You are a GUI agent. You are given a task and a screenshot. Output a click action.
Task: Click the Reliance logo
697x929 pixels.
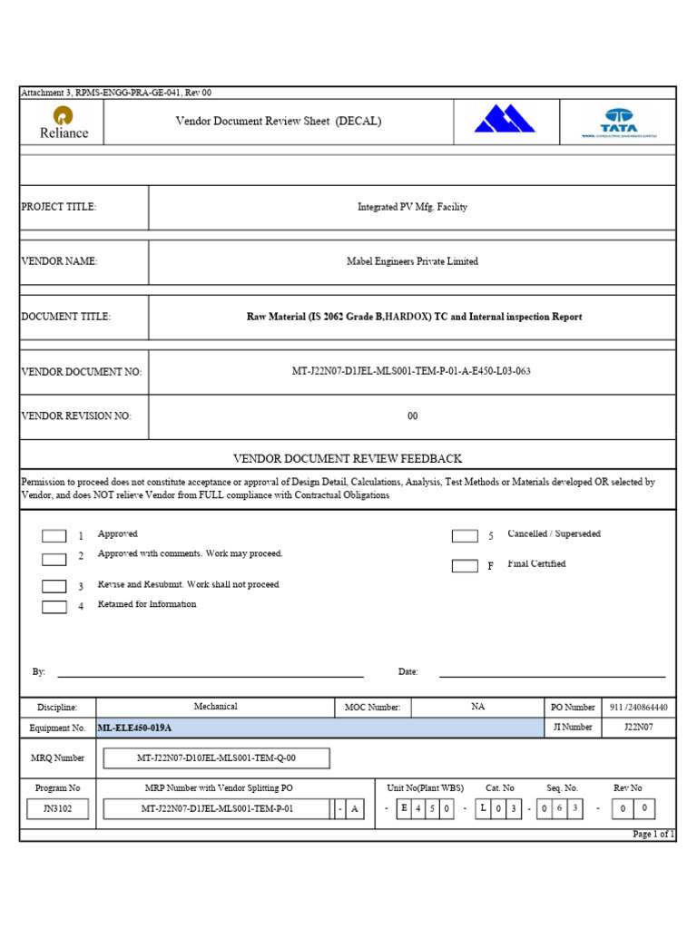[x=64, y=122]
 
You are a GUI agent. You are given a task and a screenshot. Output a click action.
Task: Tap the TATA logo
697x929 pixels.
[x=619, y=122]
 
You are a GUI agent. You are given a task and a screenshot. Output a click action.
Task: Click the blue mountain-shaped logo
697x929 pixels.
[x=505, y=119]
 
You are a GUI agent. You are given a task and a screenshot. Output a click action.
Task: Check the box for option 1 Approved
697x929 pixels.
[x=54, y=536]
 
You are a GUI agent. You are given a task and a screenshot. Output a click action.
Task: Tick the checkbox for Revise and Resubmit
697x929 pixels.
[x=54, y=586]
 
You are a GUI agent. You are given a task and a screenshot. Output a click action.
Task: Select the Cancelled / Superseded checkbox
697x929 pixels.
[x=465, y=536]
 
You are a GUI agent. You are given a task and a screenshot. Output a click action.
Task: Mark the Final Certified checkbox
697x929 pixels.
[x=465, y=566]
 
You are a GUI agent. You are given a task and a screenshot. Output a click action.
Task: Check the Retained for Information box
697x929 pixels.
[x=54, y=606]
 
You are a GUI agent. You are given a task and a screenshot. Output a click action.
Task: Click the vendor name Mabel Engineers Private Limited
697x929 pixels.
[x=412, y=261]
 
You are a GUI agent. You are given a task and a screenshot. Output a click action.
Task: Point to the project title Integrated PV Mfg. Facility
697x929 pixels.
[x=412, y=207]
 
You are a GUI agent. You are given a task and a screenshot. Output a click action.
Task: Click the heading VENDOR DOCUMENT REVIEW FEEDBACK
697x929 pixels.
[x=348, y=459]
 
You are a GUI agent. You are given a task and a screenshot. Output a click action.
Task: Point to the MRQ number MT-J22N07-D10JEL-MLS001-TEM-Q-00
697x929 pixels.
[x=216, y=758]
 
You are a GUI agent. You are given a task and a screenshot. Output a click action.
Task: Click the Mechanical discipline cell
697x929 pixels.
[x=216, y=707]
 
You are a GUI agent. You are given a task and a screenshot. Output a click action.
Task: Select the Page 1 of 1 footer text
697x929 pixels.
[x=653, y=834]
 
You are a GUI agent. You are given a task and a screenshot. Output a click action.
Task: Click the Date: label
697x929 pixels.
[x=408, y=672]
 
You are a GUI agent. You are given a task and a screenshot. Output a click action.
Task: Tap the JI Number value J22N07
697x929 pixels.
[x=637, y=728]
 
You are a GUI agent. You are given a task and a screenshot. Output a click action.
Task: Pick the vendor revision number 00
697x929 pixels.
[x=412, y=416]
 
